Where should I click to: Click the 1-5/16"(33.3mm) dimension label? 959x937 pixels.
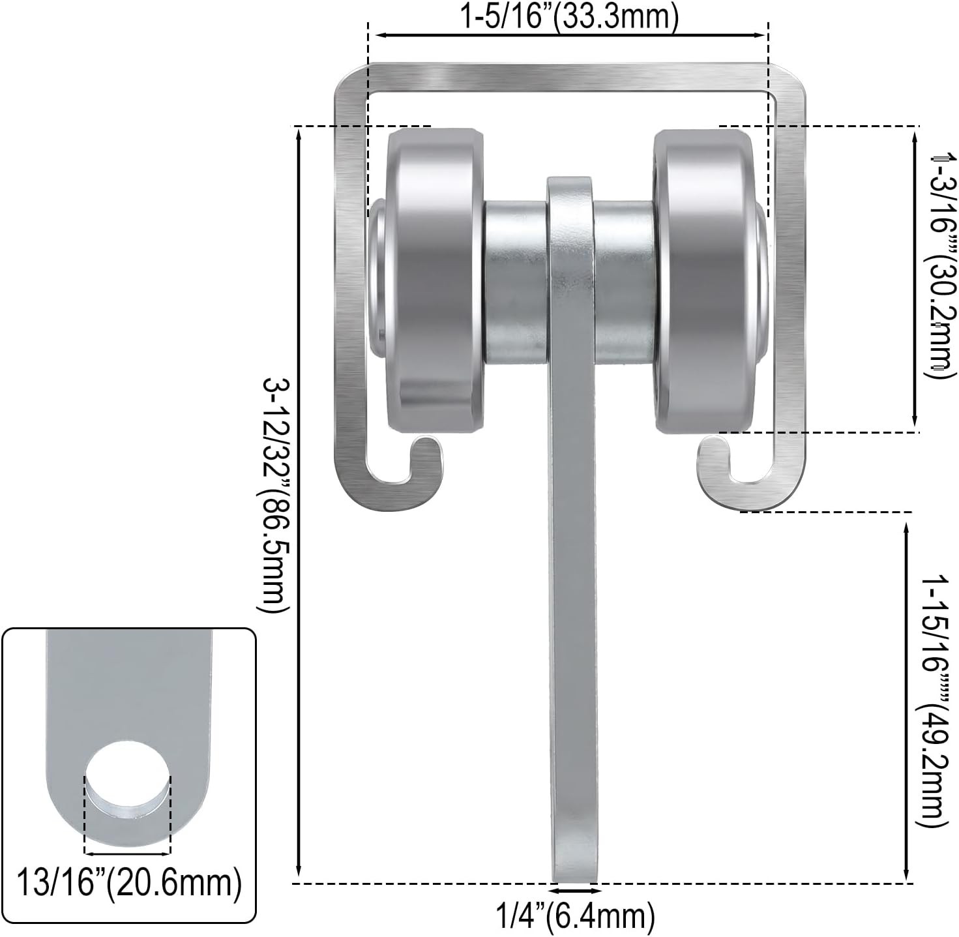[569, 17]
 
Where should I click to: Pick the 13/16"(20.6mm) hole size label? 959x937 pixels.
[129, 884]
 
